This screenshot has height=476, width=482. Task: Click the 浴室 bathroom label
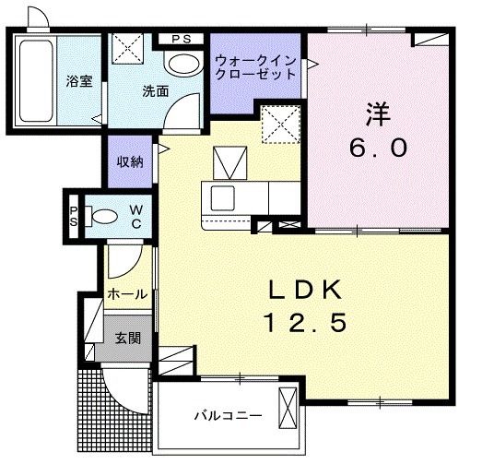coord(78,81)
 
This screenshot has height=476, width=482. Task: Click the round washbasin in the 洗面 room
coord(182,63)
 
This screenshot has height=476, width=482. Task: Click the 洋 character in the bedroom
coord(376,116)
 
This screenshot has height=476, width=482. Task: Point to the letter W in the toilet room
coord(135,209)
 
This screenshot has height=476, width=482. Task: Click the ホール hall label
coord(126,294)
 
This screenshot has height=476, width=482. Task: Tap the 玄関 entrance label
coord(128,338)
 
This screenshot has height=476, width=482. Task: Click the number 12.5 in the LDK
coord(306,323)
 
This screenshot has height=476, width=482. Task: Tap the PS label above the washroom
coord(182,39)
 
